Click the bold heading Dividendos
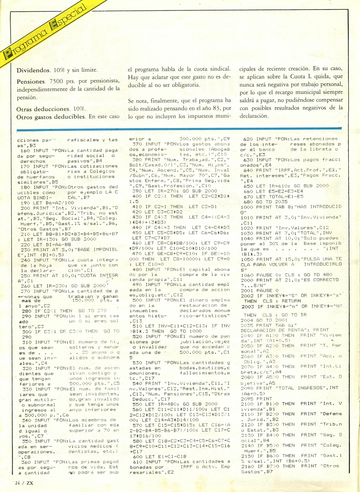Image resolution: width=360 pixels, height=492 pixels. tap(33, 70)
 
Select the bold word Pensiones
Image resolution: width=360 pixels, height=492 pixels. tap(31, 81)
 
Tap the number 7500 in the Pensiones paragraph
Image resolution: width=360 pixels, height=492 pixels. tap(56, 81)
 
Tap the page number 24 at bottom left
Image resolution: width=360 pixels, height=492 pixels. tap(18, 483)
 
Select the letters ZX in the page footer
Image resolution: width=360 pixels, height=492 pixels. tap(29, 483)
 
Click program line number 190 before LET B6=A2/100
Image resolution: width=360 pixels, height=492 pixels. tap(25, 203)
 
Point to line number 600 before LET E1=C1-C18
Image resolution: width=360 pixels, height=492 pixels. tap(137, 457)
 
